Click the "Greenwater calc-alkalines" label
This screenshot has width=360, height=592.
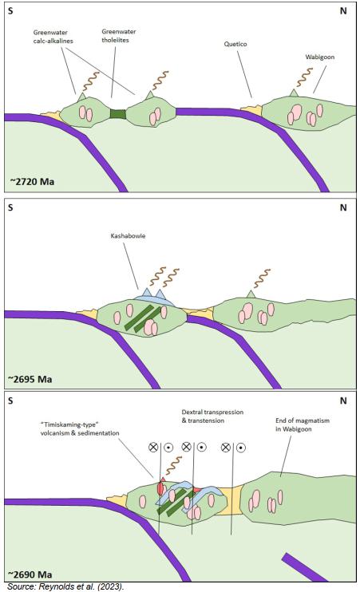pyautogui.click(x=53, y=37)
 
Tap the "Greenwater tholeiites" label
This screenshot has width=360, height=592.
pyautogui.click(x=119, y=35)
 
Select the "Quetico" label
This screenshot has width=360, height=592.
pyautogui.click(x=235, y=44)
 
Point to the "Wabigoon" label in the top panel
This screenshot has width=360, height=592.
pyautogui.click(x=319, y=57)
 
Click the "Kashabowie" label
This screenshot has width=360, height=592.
pyautogui.click(x=128, y=235)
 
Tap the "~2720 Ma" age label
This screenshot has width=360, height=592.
pyautogui.click(x=32, y=182)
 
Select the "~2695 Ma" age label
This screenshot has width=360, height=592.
pyautogui.click(x=30, y=379)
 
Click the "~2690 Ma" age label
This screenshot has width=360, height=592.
pyautogui.click(x=30, y=574)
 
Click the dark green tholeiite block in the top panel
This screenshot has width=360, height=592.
pyautogui.click(x=117, y=113)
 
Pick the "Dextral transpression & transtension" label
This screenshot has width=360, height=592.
pyautogui.click(x=212, y=416)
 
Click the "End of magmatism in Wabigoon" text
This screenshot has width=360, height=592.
pyautogui.click(x=303, y=424)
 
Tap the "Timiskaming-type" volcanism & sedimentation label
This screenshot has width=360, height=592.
pyautogui.click(x=80, y=429)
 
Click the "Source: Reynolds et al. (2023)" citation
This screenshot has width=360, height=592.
pyautogui.click(x=65, y=586)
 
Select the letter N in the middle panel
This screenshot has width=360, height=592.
pyautogui.click(x=343, y=207)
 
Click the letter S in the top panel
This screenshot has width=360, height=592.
pyautogui.click(x=10, y=10)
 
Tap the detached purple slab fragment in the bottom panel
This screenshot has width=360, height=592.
pyautogui.click(x=304, y=567)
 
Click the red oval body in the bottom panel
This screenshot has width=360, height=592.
pyautogui.click(x=160, y=488)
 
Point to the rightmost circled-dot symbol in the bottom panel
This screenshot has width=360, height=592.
pyautogui.click(x=241, y=448)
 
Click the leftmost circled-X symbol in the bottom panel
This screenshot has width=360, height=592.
pyautogui.click(x=153, y=448)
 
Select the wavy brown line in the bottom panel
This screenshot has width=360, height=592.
pyautogui.click(x=174, y=465)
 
